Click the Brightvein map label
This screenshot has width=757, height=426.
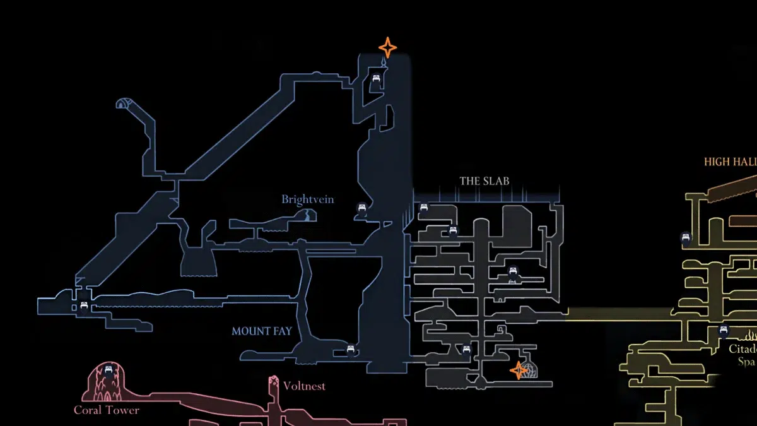tap(307, 200)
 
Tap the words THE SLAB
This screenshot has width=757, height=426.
tap(484, 181)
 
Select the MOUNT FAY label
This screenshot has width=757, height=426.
tap(261, 331)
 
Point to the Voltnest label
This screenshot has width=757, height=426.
tap(304, 386)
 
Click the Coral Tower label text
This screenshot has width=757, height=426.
tap(107, 410)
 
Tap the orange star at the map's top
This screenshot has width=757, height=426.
tap(387, 48)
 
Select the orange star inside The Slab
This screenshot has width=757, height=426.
tap(519, 370)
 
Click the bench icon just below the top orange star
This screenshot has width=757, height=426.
tap(377, 79)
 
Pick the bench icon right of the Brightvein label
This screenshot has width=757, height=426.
tap(362, 208)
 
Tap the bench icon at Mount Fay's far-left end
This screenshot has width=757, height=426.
tap(83, 307)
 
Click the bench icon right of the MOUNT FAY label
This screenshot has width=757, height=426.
tap(351, 348)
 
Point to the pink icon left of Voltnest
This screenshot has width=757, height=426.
tap(274, 382)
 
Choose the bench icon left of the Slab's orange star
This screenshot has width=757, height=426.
tap(467, 350)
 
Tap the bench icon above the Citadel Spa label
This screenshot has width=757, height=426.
tap(724, 329)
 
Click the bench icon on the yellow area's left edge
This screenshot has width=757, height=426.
tap(686, 238)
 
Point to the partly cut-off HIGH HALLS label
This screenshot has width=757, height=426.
tap(730, 162)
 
